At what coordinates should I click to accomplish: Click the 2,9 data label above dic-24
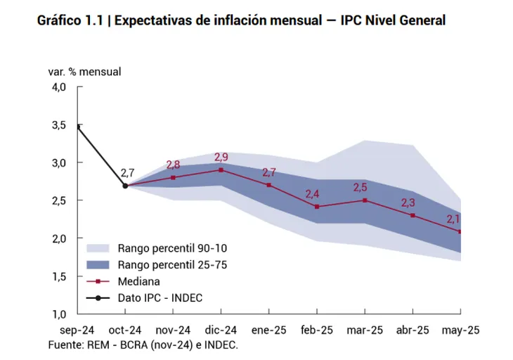tap(221, 157)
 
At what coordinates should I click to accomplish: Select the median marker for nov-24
tap(173, 177)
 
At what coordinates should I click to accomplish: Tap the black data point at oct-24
tap(125, 186)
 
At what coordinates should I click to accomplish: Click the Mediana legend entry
tap(140, 281)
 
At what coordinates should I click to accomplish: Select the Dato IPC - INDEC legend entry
tap(160, 297)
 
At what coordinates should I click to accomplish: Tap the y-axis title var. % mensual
tap(84, 72)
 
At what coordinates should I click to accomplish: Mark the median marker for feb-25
tap(317, 207)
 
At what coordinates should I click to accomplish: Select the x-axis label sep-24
tap(77, 330)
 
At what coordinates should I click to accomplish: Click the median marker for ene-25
tap(269, 185)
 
